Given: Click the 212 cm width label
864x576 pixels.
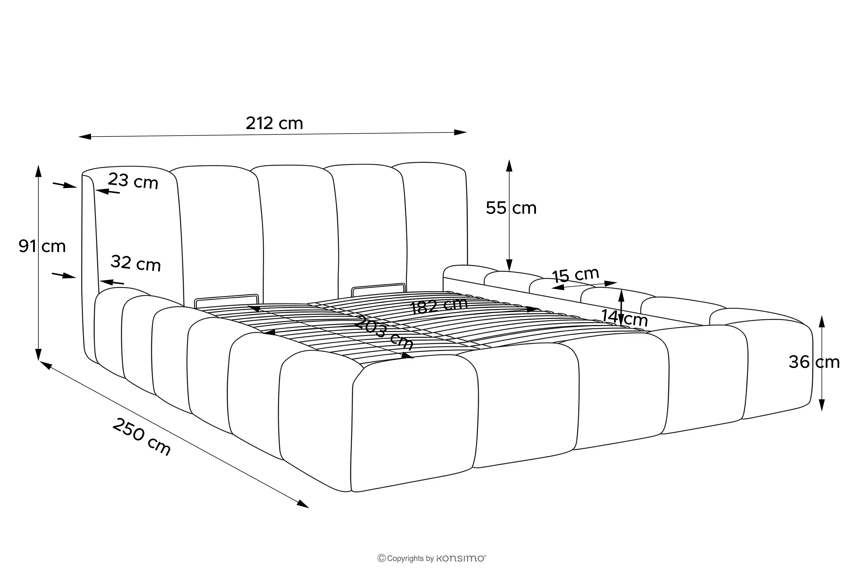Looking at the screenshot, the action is coord(274,124).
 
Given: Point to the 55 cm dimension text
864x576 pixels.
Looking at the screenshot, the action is coord(511,208).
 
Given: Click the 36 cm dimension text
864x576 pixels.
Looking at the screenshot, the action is coord(814,362).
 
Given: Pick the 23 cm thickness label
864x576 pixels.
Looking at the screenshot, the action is coord(133,181).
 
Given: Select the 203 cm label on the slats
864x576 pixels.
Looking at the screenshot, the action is coord(384,332).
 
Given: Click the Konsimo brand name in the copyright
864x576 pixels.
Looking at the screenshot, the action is coord(461,558).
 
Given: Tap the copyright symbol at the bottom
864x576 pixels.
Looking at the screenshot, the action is coord(382,558).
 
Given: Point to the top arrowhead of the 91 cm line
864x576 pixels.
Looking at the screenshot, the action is coord(38,171).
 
